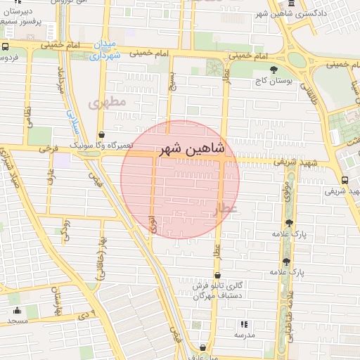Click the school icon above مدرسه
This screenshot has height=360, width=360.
coord(244,324)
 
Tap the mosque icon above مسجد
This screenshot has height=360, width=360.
coord(17,310)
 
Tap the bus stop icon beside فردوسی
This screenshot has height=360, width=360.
coord(4,46)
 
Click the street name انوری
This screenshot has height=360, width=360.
coord(153,224)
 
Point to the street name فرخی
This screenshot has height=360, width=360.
coord(49,150)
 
